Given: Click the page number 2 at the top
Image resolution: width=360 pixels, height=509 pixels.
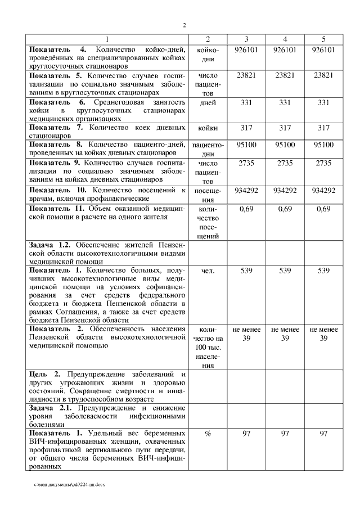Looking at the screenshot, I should tap(184, 25).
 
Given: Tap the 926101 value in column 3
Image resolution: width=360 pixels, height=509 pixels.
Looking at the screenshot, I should tap(246, 50).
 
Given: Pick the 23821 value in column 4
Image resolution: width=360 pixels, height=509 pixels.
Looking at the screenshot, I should tap(285, 75).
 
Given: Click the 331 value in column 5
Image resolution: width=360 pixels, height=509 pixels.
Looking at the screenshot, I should tap(323, 103).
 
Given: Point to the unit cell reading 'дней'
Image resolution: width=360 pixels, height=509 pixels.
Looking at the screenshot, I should tap(208, 103).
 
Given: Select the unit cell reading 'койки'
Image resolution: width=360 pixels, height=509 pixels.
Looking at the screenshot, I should tap(208, 128).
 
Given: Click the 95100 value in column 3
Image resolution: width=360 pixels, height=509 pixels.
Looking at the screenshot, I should tap(246, 145).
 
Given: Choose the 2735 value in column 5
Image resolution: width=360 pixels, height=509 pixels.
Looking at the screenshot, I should tap(323, 163).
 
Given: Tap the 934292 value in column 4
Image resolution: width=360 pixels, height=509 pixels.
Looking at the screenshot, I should tap(285, 190).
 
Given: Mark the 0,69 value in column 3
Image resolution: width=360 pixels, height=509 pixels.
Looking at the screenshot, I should tap(246, 209).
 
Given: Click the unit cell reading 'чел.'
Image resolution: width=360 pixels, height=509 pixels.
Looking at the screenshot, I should tap(208, 271).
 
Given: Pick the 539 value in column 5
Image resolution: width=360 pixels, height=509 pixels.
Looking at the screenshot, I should tap(323, 271).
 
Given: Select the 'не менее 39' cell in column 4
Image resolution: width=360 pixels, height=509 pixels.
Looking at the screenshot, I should tap(285, 334).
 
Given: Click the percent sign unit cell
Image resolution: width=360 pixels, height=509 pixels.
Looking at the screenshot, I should tap(208, 434).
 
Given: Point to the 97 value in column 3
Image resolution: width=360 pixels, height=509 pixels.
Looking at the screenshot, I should tap(246, 434).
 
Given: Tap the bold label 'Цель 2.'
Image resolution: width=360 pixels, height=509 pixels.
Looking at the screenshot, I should tap(41, 374).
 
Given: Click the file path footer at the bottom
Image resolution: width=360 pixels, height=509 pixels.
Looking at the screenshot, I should tap(69, 484).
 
